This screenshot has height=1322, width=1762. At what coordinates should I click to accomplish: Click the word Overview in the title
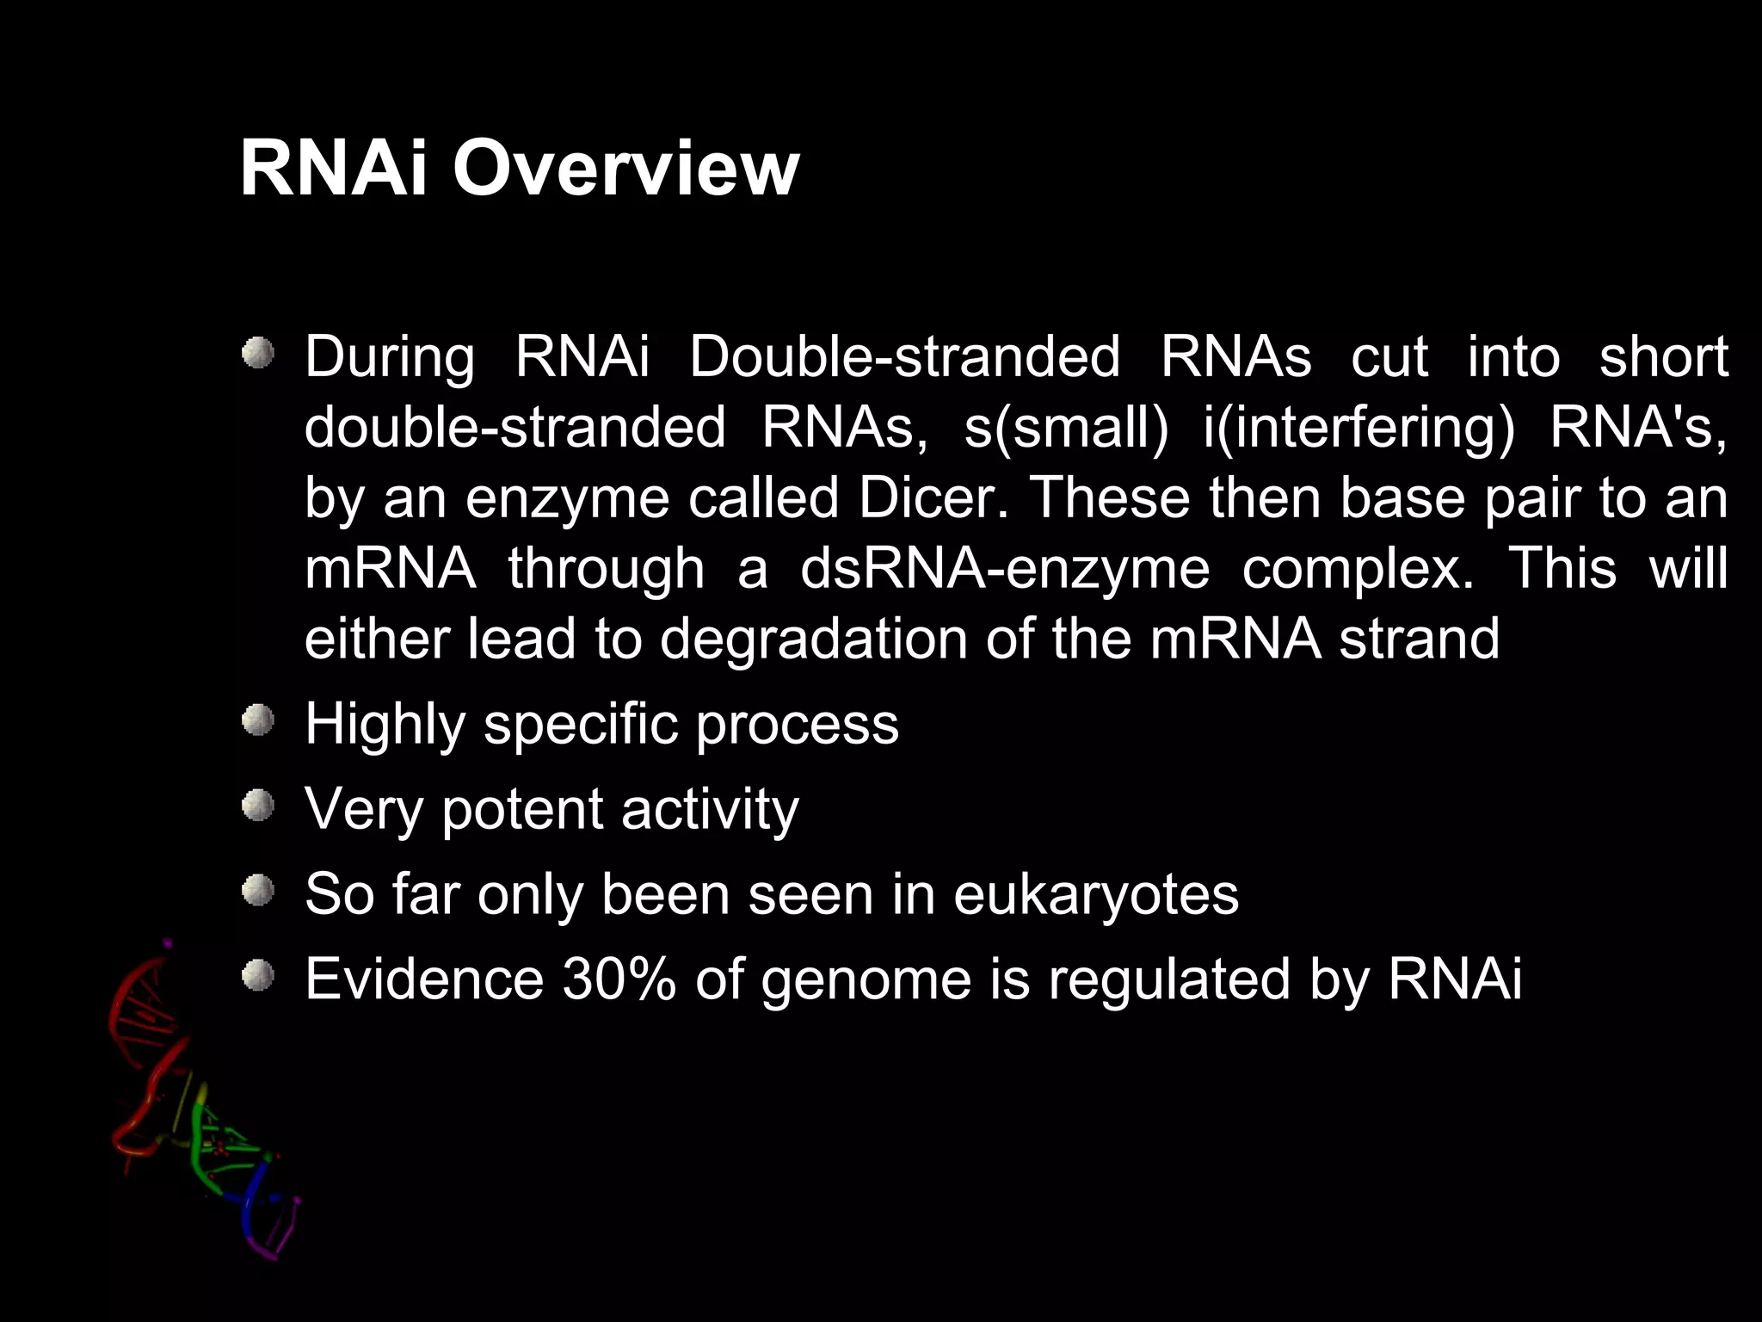click(x=625, y=168)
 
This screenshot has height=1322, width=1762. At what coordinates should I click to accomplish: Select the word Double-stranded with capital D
click(x=904, y=357)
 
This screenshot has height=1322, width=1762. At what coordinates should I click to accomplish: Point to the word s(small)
click(x=1066, y=428)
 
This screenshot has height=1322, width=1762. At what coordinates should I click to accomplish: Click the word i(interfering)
click(x=1358, y=428)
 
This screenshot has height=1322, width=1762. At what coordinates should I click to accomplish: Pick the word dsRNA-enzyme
click(x=1004, y=569)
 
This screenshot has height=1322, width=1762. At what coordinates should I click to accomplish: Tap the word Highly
click(x=385, y=724)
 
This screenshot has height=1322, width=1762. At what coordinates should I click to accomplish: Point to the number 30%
click(x=619, y=979)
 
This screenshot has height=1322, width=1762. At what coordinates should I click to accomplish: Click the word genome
click(x=866, y=979)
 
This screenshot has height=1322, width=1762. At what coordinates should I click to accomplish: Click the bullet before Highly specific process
click(x=257, y=720)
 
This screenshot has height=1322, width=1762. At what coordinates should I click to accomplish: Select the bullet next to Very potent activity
click(x=257, y=806)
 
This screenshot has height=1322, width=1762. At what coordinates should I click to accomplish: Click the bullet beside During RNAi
click(x=257, y=354)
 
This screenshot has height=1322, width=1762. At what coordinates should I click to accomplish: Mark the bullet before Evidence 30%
click(x=257, y=975)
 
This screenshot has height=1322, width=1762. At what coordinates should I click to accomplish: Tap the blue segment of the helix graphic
click(x=251, y=1205)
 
